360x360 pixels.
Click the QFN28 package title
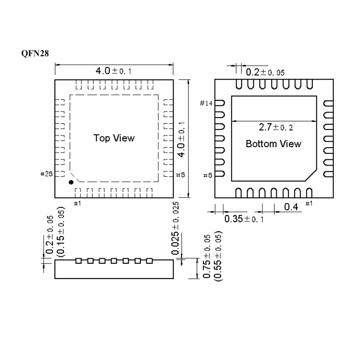(x=34, y=53)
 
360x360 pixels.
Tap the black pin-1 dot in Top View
(x=71, y=182)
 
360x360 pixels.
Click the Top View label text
(x=114, y=138)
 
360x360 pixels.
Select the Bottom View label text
(x=273, y=144)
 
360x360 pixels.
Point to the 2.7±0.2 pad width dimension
(x=275, y=127)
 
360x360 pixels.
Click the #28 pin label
(x=47, y=174)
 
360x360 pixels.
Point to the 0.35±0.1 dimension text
(x=243, y=219)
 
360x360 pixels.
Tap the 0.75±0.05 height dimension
(x=207, y=257)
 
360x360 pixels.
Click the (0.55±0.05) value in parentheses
(x=218, y=257)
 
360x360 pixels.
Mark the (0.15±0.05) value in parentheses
(x=61, y=231)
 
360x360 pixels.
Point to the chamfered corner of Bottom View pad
(x=310, y=176)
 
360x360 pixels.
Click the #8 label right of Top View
(x=180, y=175)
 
